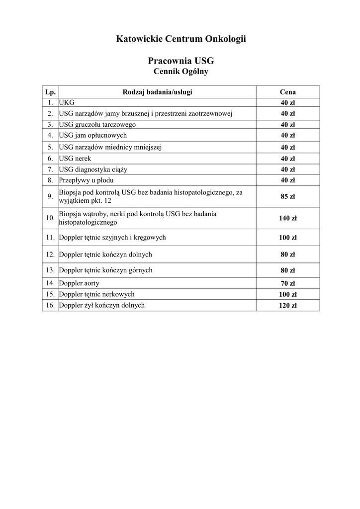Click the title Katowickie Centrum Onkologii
tap(181, 38)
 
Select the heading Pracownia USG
tap(181, 61)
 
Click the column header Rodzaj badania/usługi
tap(157, 92)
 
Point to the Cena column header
tap(287, 92)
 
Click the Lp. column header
tap(50, 92)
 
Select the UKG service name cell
tap(67, 102)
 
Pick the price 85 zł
tap(287, 196)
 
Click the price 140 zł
tap(287, 218)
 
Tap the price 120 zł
tap(287, 306)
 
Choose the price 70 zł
tap(287, 284)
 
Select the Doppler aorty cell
tap(79, 283)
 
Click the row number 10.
tap(50, 218)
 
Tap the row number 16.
tap(50, 305)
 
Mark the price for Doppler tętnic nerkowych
tap(287, 295)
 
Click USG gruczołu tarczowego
tap(97, 124)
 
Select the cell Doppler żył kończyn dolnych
tap(102, 305)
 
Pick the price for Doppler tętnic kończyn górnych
tap(287, 271)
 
